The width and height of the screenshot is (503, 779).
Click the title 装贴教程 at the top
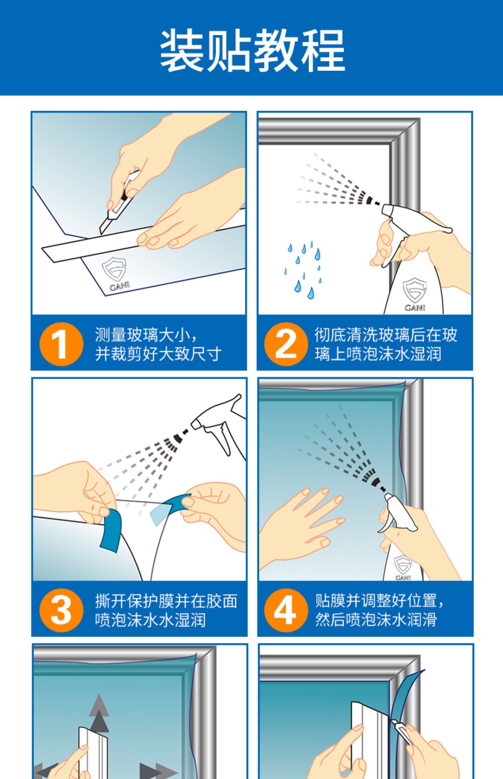pyautogui.click(x=252, y=51)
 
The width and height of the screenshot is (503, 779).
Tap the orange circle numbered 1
pyautogui.click(x=61, y=344)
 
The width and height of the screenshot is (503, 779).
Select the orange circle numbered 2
pyautogui.click(x=286, y=344)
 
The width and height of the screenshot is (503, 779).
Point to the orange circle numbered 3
pyautogui.click(x=61, y=610)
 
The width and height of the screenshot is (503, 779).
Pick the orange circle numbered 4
pyautogui.click(x=286, y=610)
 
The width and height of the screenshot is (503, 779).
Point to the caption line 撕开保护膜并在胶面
pyautogui.click(x=166, y=601)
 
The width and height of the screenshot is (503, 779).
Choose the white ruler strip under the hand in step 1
pyautogui.click(x=144, y=237)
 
